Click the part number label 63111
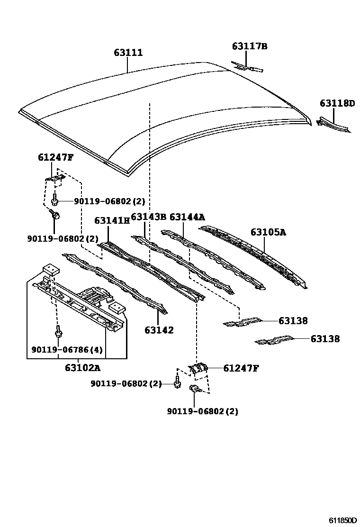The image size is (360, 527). click(x=128, y=53)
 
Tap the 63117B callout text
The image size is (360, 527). click(x=250, y=46)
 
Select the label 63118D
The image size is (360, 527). click(x=337, y=103)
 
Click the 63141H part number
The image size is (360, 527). click(x=112, y=220)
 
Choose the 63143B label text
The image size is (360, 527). click(x=148, y=217)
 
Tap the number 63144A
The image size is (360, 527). click(x=187, y=217)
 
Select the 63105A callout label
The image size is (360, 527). click(x=269, y=232)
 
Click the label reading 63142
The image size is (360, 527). click(x=159, y=330)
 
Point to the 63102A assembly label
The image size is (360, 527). click(x=82, y=367)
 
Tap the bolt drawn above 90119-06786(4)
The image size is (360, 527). click(x=57, y=331)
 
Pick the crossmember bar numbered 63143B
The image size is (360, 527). click(x=185, y=263)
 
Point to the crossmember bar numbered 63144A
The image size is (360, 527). click(x=213, y=258)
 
